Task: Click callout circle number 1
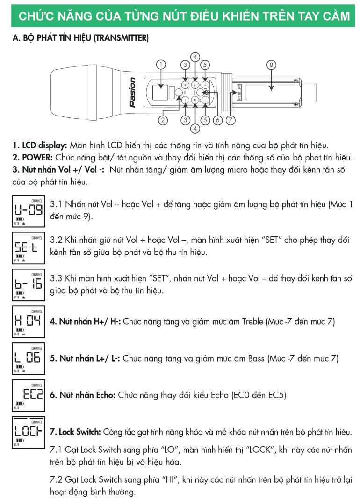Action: click(161, 65)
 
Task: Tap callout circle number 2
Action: click(163, 120)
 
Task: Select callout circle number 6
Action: click(217, 120)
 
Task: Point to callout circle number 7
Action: click(230, 120)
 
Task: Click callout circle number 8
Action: click(271, 65)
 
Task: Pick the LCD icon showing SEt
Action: click(29, 247)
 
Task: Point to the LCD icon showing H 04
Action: click(29, 322)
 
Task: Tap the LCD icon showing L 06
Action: click(29, 358)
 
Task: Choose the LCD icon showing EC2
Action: click(29, 395)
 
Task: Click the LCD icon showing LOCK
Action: click(29, 431)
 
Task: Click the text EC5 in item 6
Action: click(277, 395)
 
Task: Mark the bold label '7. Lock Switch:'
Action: click(75, 431)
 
